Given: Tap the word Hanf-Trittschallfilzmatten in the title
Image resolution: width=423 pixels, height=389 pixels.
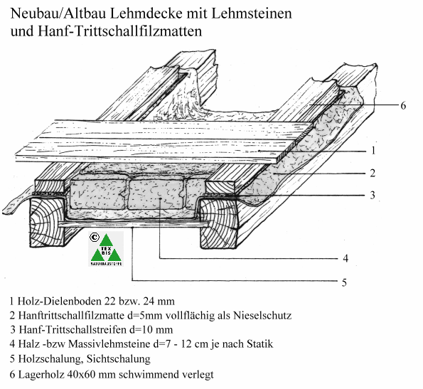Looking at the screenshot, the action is pos(119,31).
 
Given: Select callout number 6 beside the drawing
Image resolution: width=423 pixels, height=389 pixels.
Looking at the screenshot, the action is pos(403,105).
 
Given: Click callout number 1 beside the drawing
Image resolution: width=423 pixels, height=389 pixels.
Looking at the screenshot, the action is pos(373,151).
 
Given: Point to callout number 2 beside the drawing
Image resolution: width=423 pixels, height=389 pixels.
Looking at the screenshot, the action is pos(373,173).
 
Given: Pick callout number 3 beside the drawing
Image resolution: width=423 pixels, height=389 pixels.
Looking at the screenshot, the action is pos(373,195).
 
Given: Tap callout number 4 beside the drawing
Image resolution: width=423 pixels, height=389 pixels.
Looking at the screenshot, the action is pos(346,258).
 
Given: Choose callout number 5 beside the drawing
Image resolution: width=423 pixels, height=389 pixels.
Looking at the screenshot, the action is pos(344,282).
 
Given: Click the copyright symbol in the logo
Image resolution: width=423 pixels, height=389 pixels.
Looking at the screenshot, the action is pos(94,237).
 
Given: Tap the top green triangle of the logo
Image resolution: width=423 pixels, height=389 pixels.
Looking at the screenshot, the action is pos(106,240).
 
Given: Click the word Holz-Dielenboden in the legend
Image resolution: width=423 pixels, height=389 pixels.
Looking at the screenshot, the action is pos(58,301).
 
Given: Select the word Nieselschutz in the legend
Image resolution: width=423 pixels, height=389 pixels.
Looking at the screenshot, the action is pos(262,315).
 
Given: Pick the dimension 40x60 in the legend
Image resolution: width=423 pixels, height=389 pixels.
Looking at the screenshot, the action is pos(81,375).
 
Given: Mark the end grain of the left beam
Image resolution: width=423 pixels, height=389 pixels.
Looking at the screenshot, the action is pos(47,222).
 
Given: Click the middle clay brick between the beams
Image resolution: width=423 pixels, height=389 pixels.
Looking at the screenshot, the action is pos(156,194).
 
